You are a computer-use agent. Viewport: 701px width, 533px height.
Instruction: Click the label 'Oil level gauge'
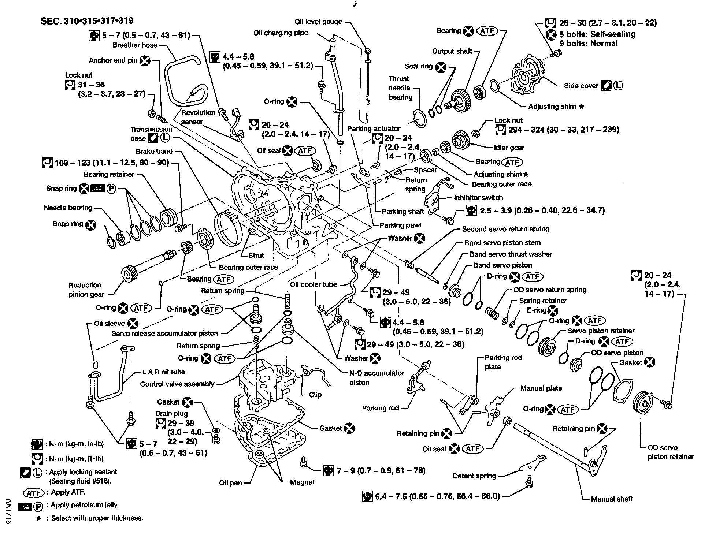click(318, 22)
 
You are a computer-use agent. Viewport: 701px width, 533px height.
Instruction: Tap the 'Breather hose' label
click(135, 45)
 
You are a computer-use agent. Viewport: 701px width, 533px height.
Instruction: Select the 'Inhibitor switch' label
click(478, 198)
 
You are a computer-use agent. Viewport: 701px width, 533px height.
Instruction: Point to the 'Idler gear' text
click(509, 148)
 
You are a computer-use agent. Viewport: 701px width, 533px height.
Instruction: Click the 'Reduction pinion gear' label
click(86, 290)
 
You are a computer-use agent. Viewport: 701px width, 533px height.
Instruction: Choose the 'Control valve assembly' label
click(177, 384)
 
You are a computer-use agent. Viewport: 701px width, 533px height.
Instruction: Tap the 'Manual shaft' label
click(612, 499)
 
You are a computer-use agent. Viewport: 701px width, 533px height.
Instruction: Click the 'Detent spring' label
click(474, 476)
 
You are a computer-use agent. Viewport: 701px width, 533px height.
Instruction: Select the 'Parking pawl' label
click(400, 225)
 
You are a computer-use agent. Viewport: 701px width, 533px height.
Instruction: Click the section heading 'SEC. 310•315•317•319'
click(87, 21)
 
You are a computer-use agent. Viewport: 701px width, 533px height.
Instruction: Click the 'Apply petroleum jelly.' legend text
click(85, 505)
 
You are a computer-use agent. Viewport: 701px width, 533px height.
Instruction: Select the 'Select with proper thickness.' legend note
click(97, 518)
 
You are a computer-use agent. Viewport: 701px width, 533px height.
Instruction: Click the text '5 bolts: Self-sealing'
click(597, 34)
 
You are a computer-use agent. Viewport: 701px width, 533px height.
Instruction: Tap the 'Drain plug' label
click(171, 414)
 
